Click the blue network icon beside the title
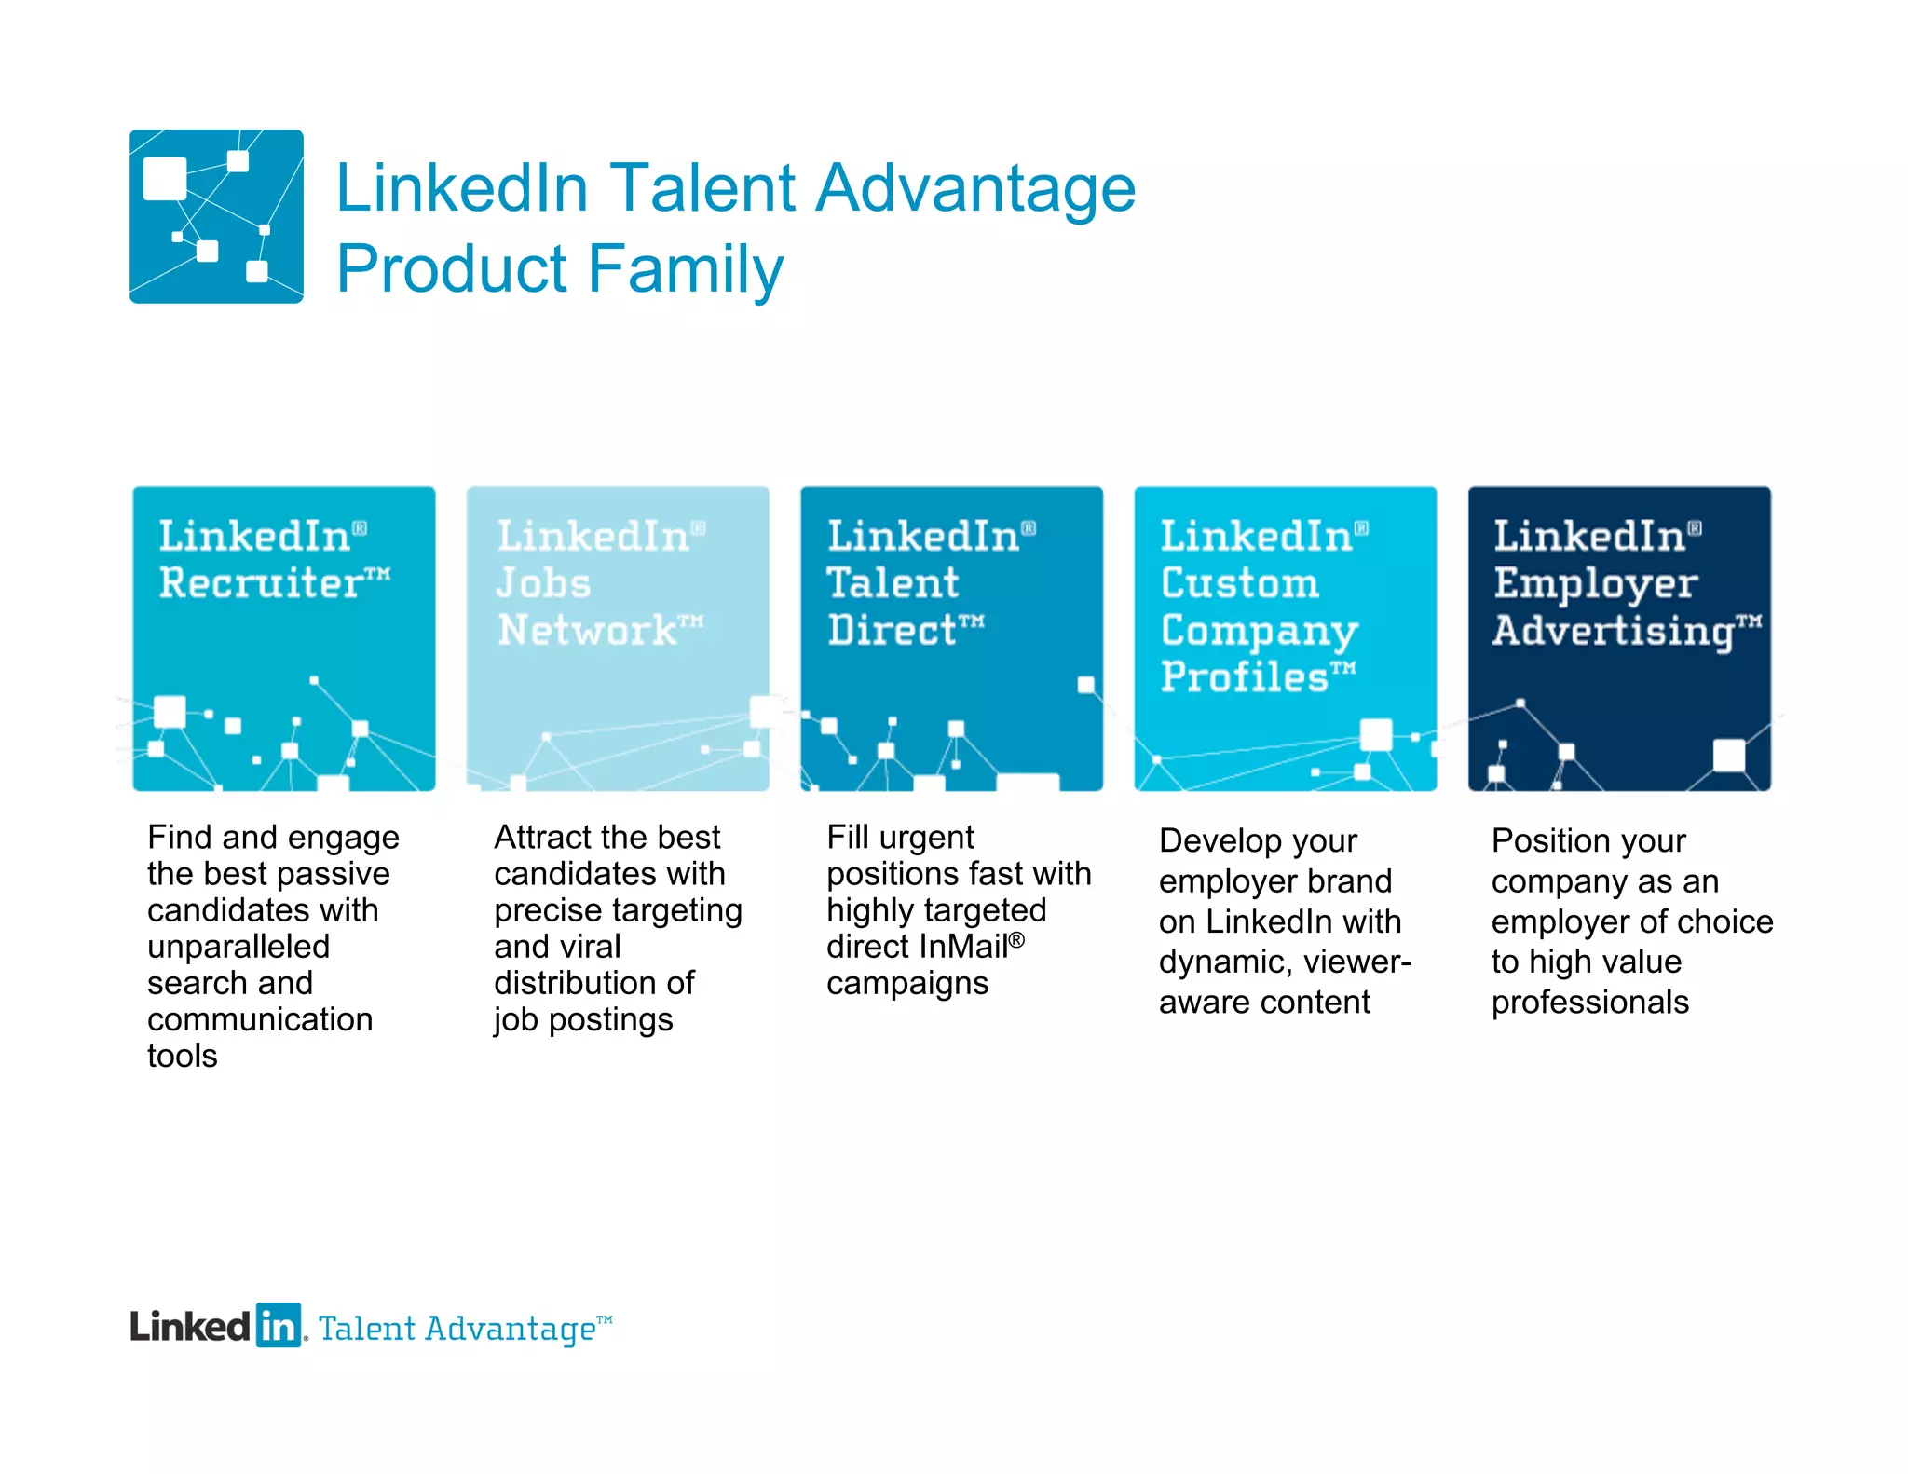[216, 216]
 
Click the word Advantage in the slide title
[975, 188]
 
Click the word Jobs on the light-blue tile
[543, 583]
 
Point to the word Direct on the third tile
[892, 630]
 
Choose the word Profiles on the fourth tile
[1244, 676]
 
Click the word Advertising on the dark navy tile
[1613, 631]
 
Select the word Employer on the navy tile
[1596, 584]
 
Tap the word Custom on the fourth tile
[1240, 583]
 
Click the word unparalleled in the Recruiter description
[238, 947]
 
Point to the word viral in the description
[591, 947]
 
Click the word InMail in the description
[962, 947]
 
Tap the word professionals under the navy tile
[1589, 1003]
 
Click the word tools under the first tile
[182, 1057]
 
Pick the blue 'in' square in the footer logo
[279, 1325]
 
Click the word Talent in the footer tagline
[366, 1329]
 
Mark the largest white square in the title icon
[165, 178]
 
